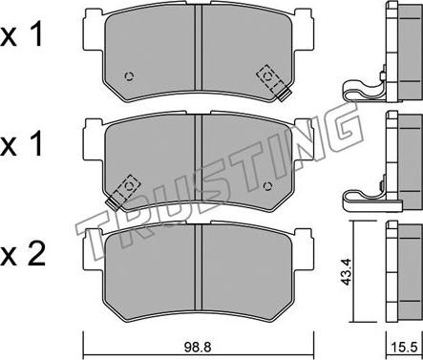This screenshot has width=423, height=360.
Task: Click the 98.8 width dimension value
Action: click(198, 347)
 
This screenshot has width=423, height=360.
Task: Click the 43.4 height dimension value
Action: click(345, 271)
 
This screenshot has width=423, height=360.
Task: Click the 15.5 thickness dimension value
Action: click(405, 348)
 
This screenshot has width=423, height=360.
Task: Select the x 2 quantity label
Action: click(23, 255)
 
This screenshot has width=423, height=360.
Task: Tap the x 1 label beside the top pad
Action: click(21, 35)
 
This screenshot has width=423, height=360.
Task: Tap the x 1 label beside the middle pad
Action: click(21, 144)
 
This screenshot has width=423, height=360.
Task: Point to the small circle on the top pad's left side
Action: click(129, 76)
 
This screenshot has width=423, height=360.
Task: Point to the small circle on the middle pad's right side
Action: click(268, 185)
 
